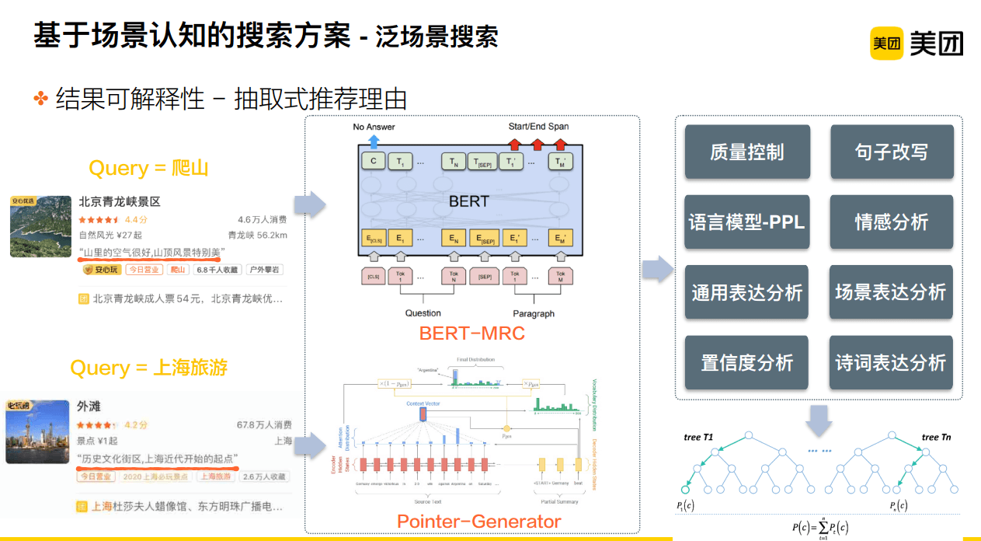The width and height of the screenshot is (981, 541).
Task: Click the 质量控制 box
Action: click(746, 152)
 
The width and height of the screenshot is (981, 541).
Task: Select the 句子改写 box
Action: click(891, 152)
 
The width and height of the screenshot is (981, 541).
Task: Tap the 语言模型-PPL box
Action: click(746, 222)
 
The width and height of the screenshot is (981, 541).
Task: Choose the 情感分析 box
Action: click(891, 222)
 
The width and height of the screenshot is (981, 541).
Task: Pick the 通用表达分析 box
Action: click(746, 292)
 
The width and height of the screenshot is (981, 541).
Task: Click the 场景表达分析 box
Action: click(891, 292)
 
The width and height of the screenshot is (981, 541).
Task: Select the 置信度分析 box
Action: click(746, 362)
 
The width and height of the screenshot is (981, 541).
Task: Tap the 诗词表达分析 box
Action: click(891, 362)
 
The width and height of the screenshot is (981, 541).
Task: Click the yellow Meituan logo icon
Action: click(886, 44)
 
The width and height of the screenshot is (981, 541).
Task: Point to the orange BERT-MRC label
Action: click(472, 333)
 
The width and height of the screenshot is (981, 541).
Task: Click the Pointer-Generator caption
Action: click(478, 522)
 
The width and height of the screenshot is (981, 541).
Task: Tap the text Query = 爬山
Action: click(149, 168)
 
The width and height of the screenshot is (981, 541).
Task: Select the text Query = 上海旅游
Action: click(149, 367)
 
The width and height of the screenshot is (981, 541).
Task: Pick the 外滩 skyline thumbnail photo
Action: click(37, 431)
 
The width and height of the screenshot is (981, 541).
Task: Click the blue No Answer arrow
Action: click(374, 141)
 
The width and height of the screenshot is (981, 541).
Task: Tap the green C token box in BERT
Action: click(374, 162)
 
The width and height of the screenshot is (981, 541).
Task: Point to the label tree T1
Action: click(698, 437)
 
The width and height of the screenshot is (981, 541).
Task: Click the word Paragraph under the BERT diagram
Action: click(534, 313)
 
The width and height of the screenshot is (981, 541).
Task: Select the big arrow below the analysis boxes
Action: click(819, 420)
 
